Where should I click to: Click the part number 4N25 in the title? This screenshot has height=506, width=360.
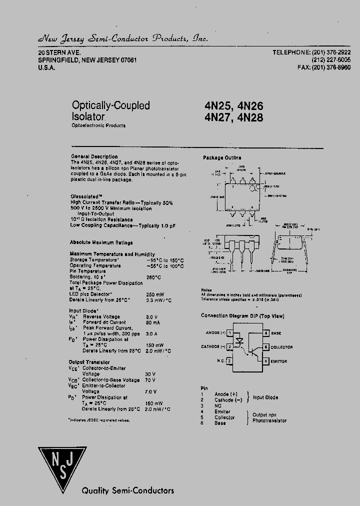click(218, 106)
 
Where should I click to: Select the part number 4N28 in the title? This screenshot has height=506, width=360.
click(250, 118)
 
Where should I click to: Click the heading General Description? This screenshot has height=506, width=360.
click(94, 156)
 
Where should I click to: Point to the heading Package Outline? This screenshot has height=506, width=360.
click(222, 157)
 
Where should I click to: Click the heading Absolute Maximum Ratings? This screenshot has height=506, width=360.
click(101, 242)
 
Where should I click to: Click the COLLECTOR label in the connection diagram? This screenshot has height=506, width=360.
click(282, 347)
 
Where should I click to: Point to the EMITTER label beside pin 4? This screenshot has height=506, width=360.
click(279, 361)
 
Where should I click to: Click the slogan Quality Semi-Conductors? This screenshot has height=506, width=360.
click(128, 490)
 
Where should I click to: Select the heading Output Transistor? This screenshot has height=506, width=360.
click(89, 362)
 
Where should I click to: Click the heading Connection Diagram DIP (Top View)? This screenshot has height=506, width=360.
click(242, 316)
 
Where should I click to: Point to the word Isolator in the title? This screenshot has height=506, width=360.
click(88, 117)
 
